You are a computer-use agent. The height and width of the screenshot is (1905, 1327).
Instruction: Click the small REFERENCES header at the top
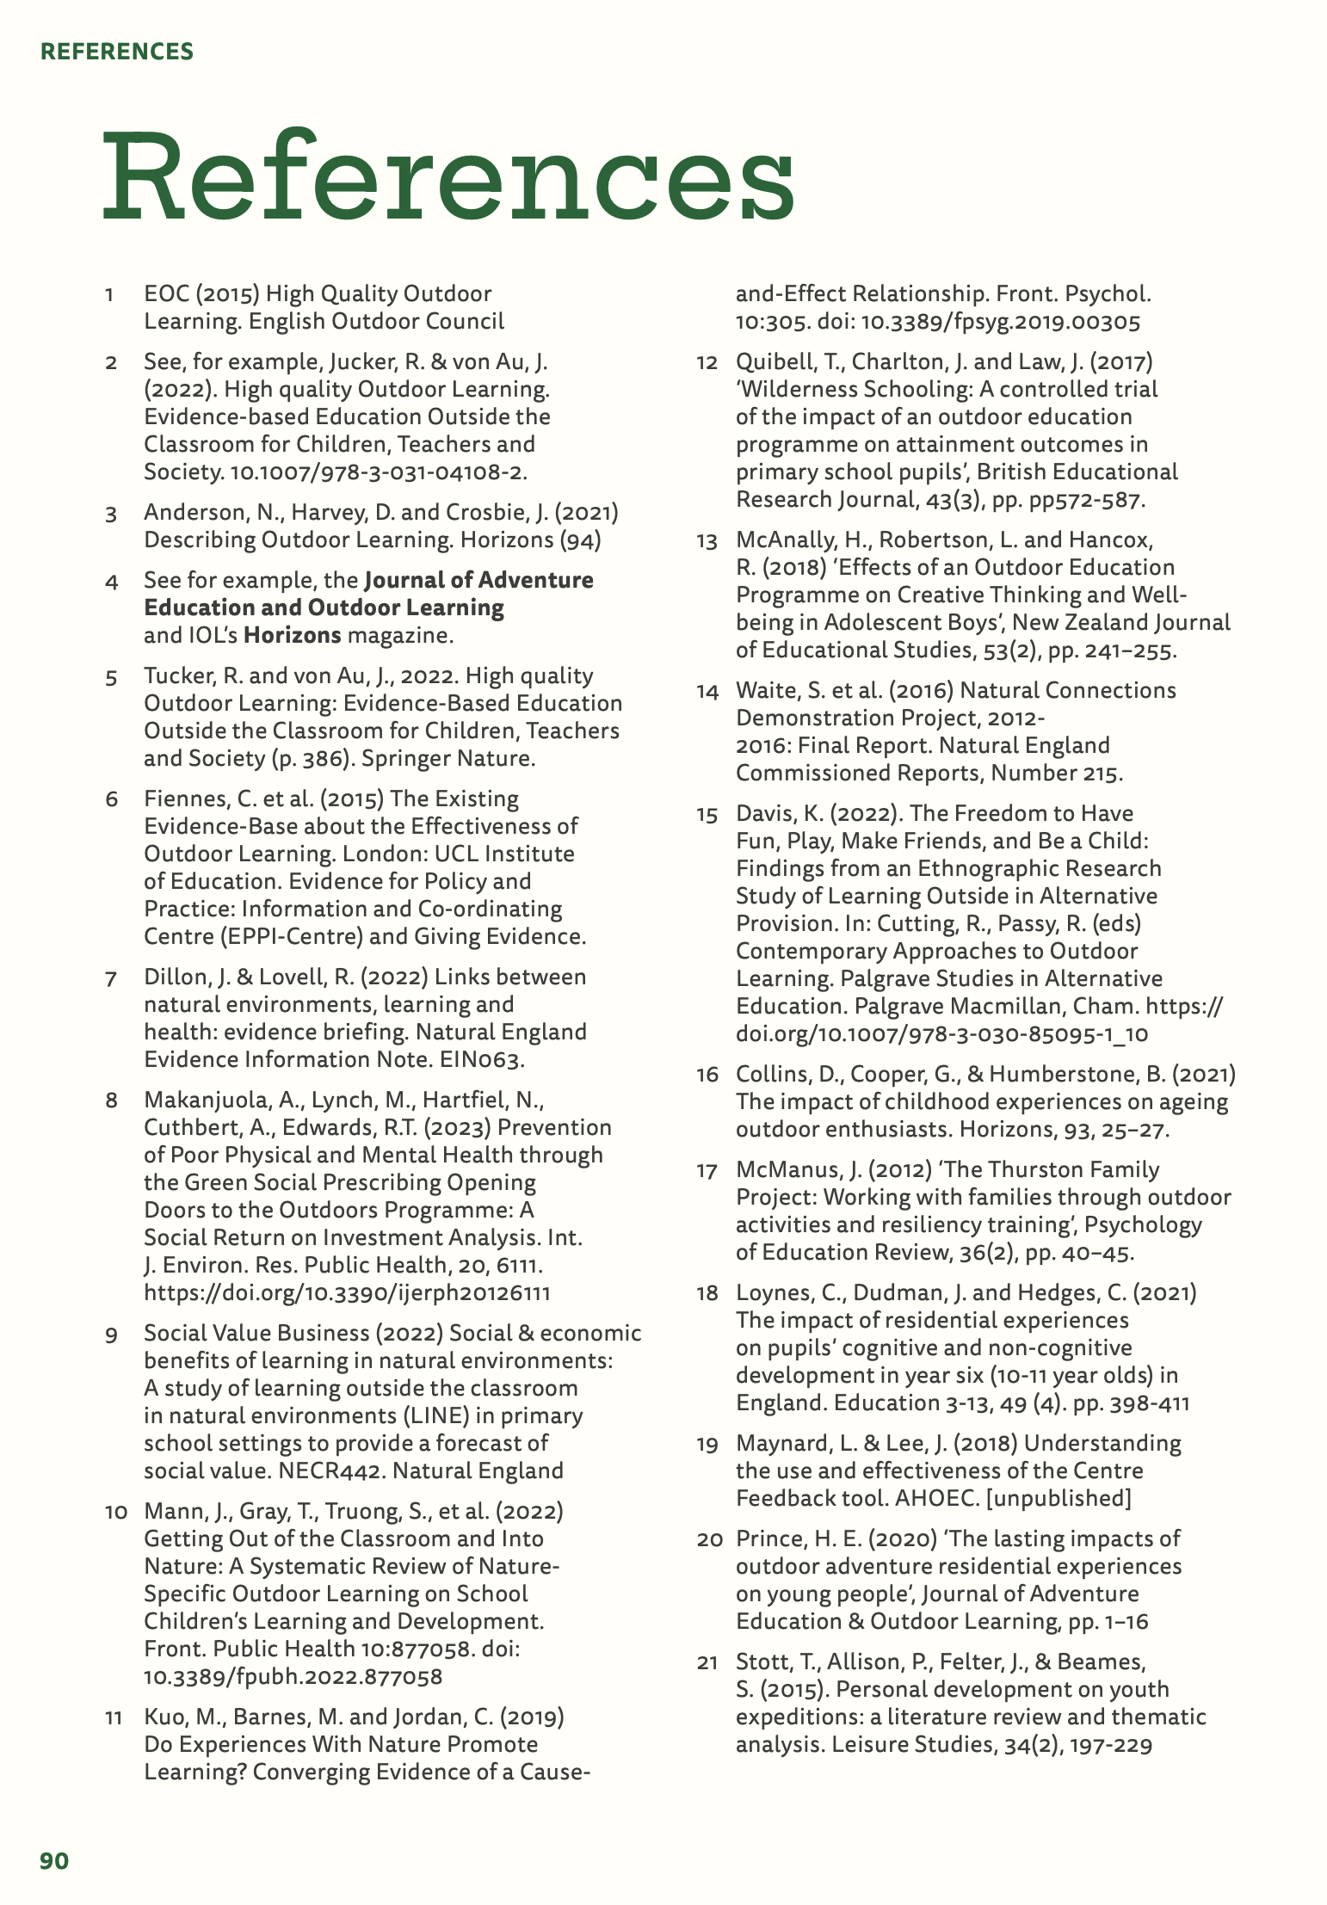coord(117,52)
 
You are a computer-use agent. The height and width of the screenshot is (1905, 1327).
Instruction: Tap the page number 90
coord(54,1861)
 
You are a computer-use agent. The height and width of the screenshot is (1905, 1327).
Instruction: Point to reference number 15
coord(707,814)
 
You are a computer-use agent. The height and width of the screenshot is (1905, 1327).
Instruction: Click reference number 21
coord(707,1662)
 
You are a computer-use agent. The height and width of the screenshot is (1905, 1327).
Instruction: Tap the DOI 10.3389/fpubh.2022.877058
coord(293,1676)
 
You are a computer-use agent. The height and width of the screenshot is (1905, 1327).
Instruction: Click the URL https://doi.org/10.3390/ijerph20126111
coord(347,1292)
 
